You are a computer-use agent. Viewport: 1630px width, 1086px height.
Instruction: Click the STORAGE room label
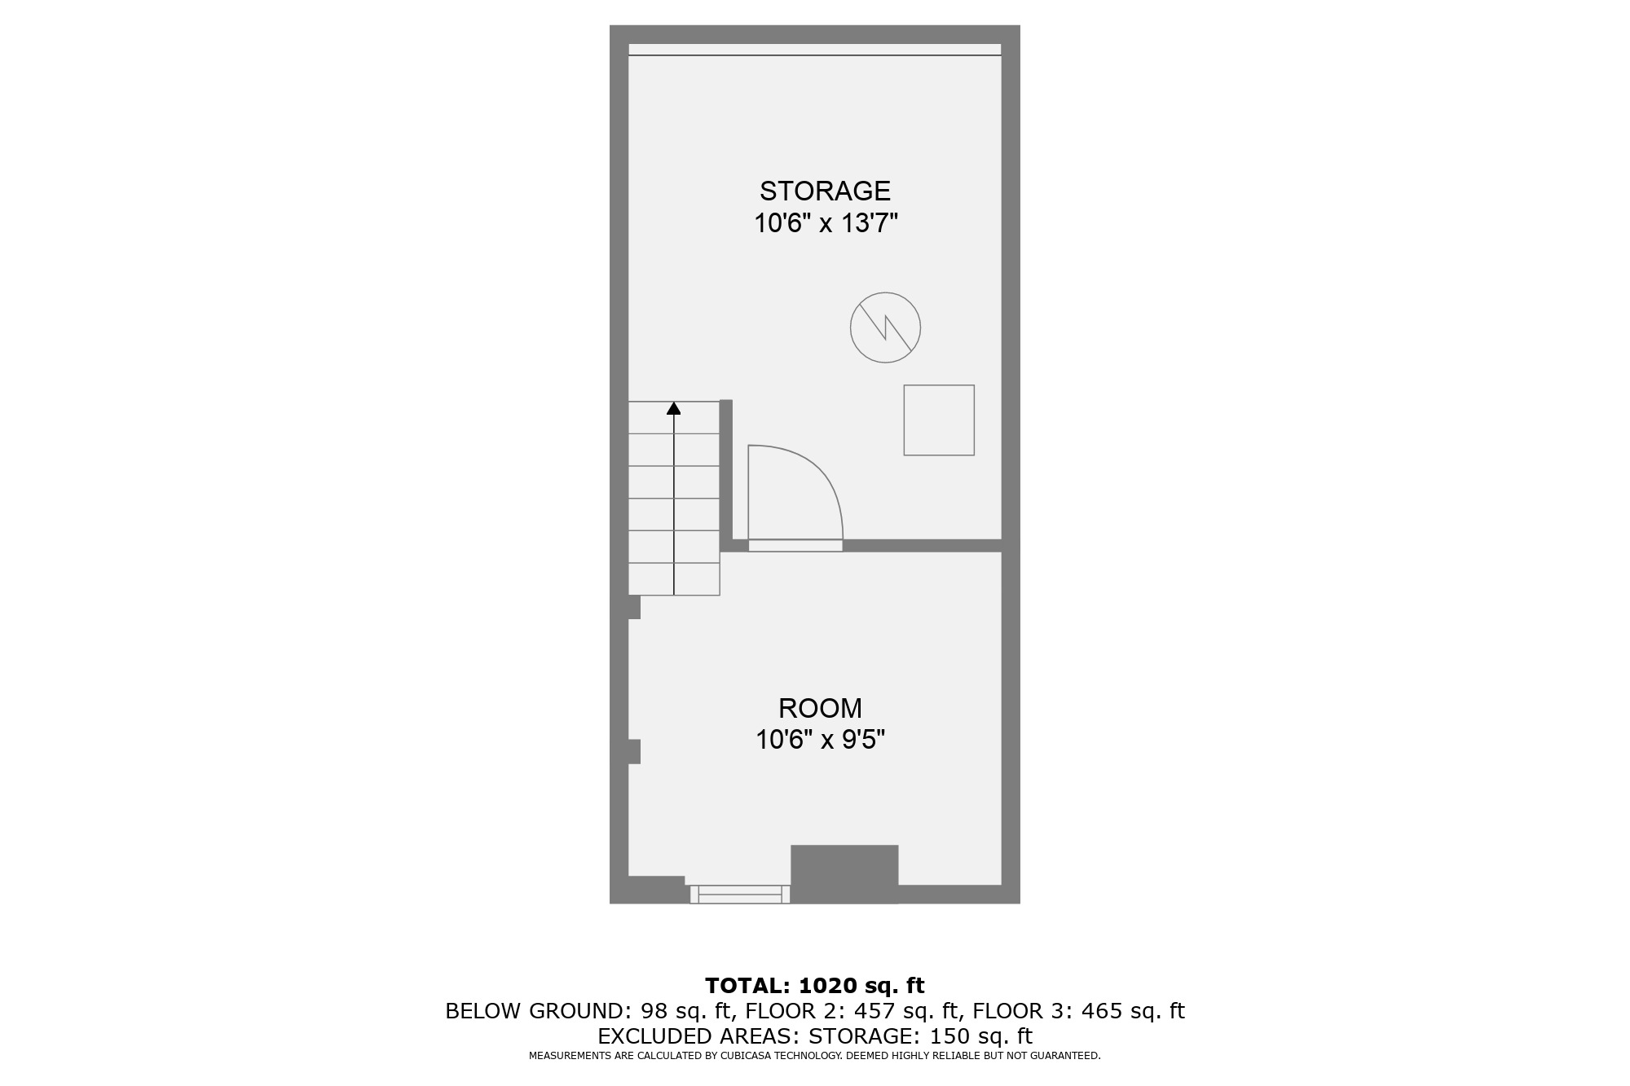click(825, 191)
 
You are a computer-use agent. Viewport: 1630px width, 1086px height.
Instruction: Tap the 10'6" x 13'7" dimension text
click(825, 223)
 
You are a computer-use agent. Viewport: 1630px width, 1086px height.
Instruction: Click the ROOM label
click(820, 708)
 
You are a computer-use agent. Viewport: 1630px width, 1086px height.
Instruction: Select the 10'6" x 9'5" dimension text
click(820, 740)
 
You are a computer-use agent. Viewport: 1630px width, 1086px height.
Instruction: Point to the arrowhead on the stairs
click(674, 408)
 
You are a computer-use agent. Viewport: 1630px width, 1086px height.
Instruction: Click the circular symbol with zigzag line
click(885, 328)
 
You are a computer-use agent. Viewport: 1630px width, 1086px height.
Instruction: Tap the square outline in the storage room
click(939, 420)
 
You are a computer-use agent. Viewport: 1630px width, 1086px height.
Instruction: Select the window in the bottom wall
click(740, 895)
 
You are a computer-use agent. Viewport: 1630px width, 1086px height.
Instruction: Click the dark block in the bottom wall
click(844, 873)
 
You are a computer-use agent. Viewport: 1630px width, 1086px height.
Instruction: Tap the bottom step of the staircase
click(674, 579)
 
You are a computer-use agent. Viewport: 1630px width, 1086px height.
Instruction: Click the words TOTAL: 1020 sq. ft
click(815, 986)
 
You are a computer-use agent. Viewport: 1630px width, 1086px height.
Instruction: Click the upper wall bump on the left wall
click(634, 607)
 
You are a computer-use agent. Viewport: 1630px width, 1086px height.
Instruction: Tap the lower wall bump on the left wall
click(634, 751)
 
